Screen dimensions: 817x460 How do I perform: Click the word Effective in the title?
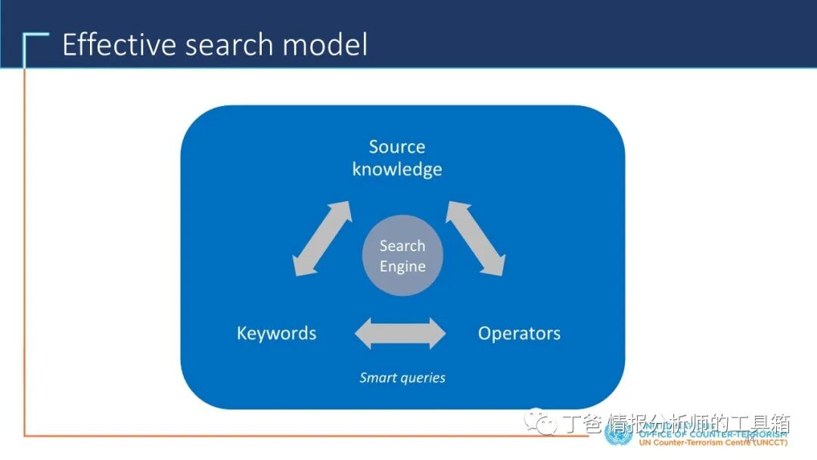[x=120, y=45]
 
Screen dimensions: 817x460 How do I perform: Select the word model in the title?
[x=325, y=45]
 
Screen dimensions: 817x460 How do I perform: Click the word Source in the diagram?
[x=397, y=147]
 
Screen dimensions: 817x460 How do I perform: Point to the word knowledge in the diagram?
[x=397, y=169]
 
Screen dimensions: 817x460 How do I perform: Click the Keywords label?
[x=276, y=333]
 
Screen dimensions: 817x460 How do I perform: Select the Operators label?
[x=519, y=333]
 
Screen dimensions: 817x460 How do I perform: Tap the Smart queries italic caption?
[x=402, y=378]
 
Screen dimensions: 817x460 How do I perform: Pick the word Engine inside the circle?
[x=402, y=266]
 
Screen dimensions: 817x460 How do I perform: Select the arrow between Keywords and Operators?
[x=401, y=333]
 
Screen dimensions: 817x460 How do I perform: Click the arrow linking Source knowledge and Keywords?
[x=322, y=238]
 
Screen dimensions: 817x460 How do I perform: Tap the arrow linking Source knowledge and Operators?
[x=475, y=238]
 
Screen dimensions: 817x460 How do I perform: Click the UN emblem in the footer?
[x=619, y=433]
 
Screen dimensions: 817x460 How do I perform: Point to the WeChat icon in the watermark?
[x=542, y=421]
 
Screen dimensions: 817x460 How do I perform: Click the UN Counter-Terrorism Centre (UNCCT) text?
[x=713, y=442]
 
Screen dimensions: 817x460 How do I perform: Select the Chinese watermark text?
[x=677, y=422]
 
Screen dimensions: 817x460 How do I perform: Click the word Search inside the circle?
[x=402, y=246]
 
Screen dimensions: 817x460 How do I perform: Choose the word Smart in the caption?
[x=376, y=378]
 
